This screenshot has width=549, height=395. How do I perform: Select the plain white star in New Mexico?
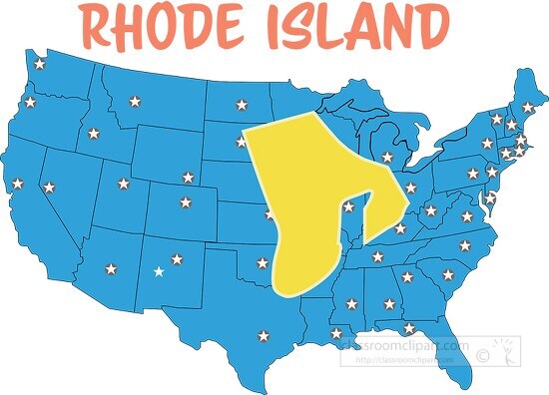tap(158, 271)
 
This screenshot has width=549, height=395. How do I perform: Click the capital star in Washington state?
tap(40, 65)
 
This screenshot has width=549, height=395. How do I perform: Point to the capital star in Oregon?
tap(30, 102)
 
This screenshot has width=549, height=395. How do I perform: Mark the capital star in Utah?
tap(123, 184)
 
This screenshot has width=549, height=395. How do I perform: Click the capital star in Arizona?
tap(111, 268)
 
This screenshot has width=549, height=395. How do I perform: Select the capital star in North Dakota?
tap(240, 104)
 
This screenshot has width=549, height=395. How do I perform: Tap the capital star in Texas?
tap(263, 335)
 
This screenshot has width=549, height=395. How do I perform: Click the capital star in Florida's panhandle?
tap(408, 328)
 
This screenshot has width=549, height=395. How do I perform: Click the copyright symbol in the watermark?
tap(483, 352)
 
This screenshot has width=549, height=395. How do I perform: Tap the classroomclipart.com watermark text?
tap(404, 345)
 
